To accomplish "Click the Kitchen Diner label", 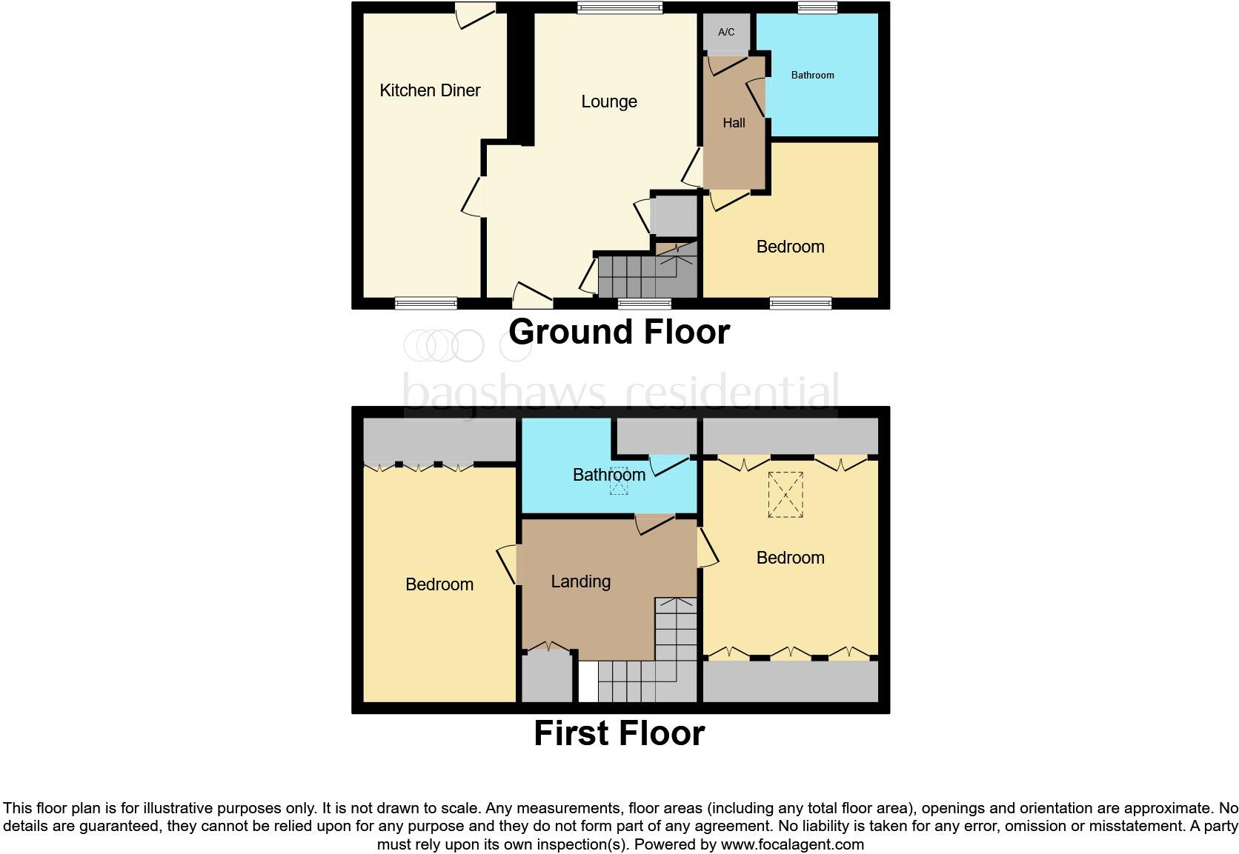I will click(430, 90).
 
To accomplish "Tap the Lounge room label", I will click(608, 101).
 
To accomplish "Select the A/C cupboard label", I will click(726, 32).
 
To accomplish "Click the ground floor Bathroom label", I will click(812, 75).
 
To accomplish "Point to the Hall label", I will click(734, 123).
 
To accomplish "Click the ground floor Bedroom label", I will click(790, 247).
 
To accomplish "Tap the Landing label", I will click(580, 581).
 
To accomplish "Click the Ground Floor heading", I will click(619, 331).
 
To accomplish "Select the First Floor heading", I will click(619, 733).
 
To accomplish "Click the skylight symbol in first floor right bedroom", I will click(785, 494).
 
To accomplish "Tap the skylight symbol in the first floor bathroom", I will click(618, 480).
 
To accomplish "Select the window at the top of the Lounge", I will click(619, 8).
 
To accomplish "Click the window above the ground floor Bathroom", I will click(817, 8).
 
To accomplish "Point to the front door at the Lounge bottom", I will click(533, 296).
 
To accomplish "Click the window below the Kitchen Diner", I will click(425, 303).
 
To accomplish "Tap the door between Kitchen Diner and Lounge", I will click(473, 197).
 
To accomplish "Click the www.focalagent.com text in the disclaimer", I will click(791, 844).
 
